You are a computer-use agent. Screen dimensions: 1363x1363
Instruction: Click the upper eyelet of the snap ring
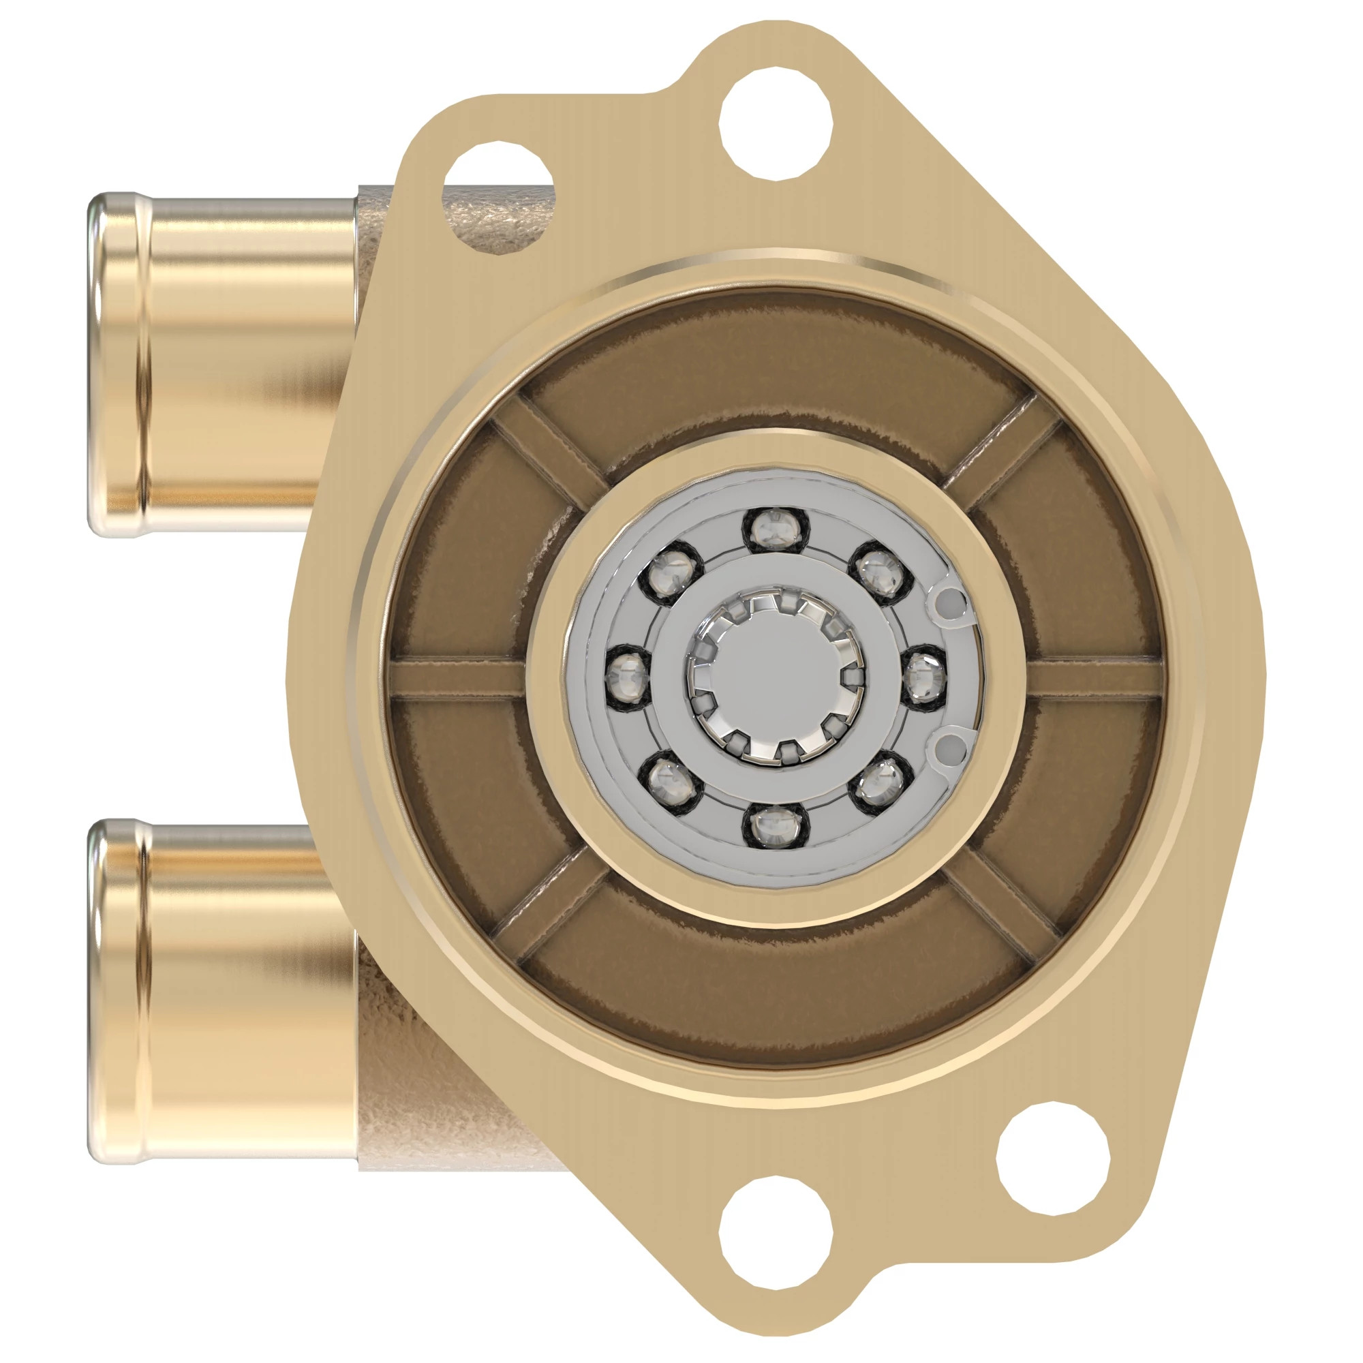(953, 602)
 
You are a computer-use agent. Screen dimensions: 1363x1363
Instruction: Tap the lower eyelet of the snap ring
(953, 746)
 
